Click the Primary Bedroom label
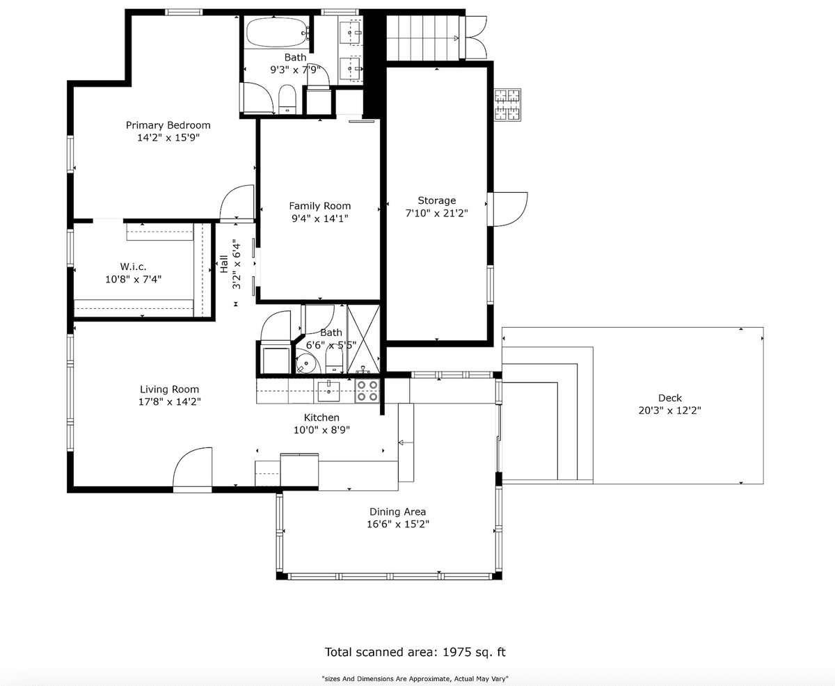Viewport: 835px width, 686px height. click(x=168, y=125)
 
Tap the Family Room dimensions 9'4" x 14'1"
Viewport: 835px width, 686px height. click(x=320, y=218)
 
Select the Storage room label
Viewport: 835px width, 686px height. click(x=437, y=200)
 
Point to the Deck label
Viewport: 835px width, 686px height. click(x=670, y=398)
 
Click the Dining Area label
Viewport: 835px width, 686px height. click(x=397, y=512)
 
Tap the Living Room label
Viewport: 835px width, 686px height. click(x=170, y=389)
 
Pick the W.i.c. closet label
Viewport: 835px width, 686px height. click(x=133, y=266)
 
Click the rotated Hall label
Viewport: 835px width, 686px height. click(x=223, y=264)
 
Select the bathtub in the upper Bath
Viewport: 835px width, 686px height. click(x=277, y=33)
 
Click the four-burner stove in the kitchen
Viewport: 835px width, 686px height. click(x=367, y=391)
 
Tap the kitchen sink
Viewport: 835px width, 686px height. click(x=328, y=391)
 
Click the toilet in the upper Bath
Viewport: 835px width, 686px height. click(x=287, y=99)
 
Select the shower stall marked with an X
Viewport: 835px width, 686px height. click(x=363, y=339)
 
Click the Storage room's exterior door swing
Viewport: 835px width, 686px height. click(x=508, y=209)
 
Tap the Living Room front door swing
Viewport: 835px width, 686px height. click(x=193, y=470)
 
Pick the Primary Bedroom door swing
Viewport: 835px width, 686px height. click(x=237, y=202)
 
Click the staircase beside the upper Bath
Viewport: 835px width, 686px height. click(x=423, y=38)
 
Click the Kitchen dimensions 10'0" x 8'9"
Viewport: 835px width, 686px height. click(x=321, y=430)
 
